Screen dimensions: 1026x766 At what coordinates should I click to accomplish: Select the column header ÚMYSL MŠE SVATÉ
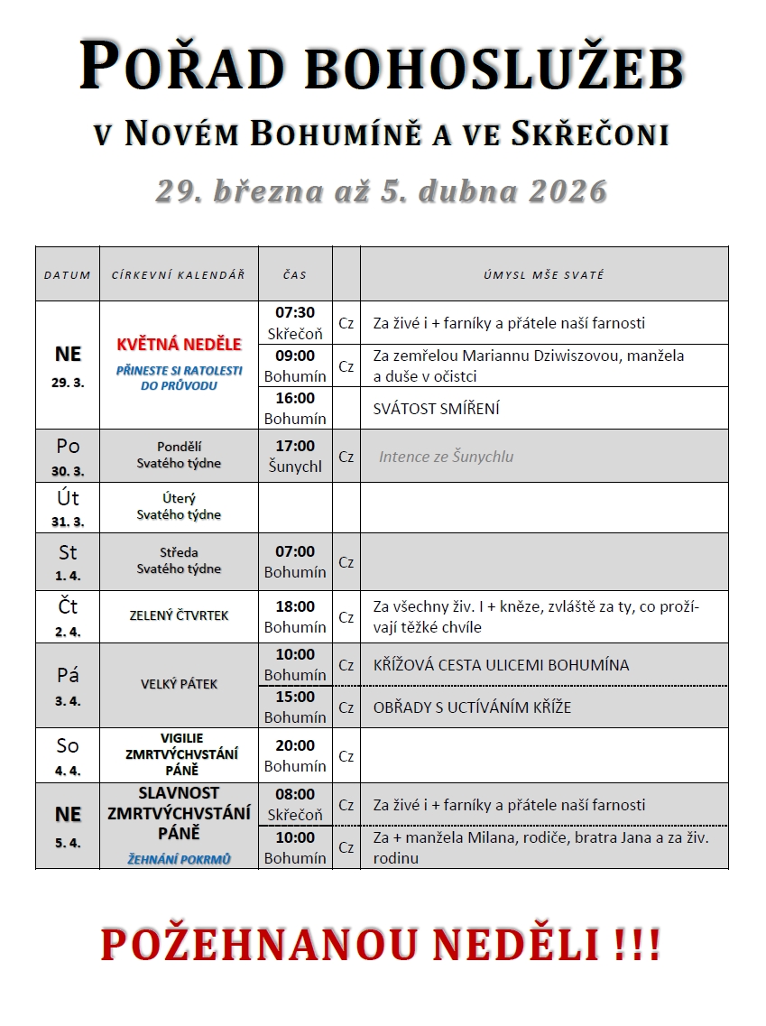click(543, 274)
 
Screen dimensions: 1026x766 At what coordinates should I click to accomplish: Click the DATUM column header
click(68, 274)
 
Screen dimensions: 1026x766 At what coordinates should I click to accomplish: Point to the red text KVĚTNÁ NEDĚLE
click(179, 344)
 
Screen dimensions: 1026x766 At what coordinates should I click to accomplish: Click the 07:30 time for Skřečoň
click(295, 313)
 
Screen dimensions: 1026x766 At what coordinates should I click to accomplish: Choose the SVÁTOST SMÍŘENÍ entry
click(436, 409)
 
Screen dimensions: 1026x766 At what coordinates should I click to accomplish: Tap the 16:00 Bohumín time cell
click(295, 408)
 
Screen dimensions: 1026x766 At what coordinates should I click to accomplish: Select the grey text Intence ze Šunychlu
click(446, 457)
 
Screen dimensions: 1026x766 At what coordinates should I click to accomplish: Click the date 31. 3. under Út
click(68, 522)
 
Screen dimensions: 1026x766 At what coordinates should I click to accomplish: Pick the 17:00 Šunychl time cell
click(295, 456)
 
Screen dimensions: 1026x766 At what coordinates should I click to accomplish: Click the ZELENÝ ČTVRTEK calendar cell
click(179, 615)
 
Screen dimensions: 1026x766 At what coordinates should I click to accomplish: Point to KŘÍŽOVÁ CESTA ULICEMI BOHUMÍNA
click(501, 665)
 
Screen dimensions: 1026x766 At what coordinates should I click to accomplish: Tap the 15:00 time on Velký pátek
click(295, 697)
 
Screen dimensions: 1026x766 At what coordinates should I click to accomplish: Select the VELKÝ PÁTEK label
click(179, 684)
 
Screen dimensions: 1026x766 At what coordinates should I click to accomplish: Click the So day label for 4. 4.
click(68, 745)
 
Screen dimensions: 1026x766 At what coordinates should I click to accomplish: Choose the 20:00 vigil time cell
click(295, 755)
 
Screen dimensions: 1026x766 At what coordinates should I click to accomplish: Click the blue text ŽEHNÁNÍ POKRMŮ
click(179, 859)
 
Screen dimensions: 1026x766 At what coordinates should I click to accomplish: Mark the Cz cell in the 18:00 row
click(346, 617)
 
